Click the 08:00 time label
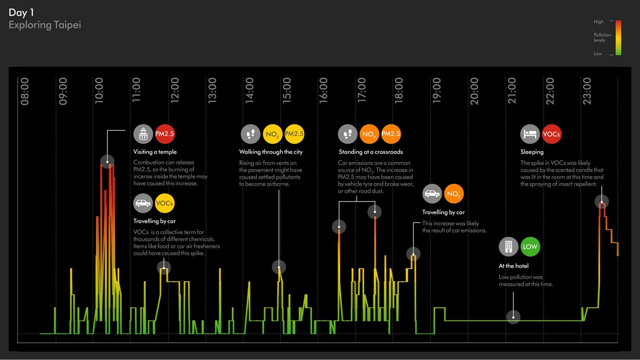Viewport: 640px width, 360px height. click(25, 91)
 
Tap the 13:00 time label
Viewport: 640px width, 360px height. click(212, 91)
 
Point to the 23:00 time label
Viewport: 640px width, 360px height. click(587, 91)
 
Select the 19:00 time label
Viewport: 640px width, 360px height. click(436, 91)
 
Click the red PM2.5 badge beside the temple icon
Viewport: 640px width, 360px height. click(165, 134)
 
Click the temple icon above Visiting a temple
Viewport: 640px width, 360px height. click(143, 134)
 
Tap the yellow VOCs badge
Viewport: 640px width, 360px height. click(165, 203)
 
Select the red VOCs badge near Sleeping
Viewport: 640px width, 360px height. click(551, 134)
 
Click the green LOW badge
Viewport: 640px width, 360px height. click(530, 247)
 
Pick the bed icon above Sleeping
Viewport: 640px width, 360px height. click(530, 134)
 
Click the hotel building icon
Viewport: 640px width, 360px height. click(509, 247)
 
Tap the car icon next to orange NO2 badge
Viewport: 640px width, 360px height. click(432, 194)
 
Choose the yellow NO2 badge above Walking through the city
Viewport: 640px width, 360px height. click(272, 134)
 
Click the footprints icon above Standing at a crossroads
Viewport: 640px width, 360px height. click(348, 134)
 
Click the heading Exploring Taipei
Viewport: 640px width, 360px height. click(45, 25)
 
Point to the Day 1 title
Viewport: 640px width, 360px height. click(21, 12)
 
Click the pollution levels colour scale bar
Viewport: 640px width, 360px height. click(618, 38)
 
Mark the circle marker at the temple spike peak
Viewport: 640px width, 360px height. click(107, 162)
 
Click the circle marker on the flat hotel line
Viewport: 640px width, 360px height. click(513, 317)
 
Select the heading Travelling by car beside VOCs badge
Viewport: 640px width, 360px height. click(154, 221)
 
